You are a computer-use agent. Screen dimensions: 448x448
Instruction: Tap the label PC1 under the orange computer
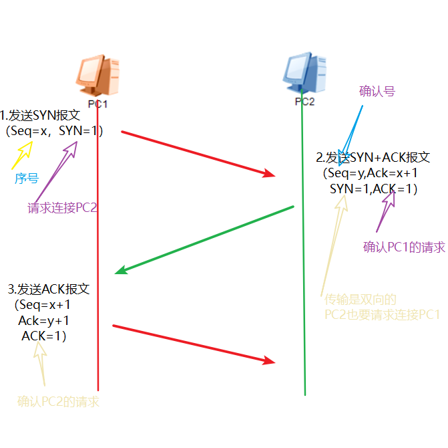(x=98, y=104)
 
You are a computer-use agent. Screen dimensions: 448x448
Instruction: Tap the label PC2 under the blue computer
(x=304, y=102)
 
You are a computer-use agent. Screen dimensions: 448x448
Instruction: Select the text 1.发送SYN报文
(x=40, y=115)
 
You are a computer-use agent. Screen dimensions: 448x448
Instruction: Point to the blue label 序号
(x=26, y=178)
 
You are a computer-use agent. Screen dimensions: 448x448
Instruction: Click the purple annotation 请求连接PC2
(x=63, y=208)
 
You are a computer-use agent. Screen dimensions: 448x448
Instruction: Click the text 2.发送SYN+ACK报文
(x=373, y=158)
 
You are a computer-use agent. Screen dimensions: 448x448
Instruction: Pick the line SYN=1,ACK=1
(x=373, y=189)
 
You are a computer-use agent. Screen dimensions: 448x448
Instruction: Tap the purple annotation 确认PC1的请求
(x=404, y=247)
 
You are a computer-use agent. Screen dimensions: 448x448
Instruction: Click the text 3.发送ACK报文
(x=48, y=290)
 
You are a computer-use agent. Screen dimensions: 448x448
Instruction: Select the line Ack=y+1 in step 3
(x=43, y=320)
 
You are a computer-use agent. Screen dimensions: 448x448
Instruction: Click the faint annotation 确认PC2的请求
(x=58, y=402)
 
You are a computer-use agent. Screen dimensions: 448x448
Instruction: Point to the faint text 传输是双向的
(x=361, y=300)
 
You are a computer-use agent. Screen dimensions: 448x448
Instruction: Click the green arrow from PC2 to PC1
(x=205, y=239)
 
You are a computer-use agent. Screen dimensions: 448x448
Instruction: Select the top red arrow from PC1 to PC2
(x=198, y=154)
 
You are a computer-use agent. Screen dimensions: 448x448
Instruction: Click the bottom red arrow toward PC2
(x=194, y=344)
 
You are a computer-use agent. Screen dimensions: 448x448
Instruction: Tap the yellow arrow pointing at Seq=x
(x=21, y=156)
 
